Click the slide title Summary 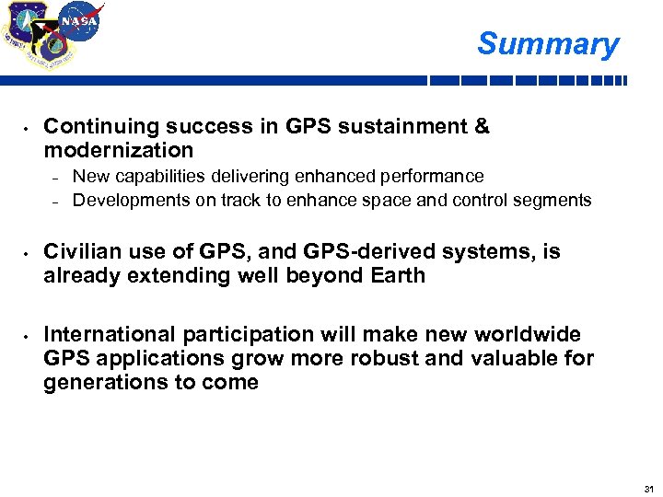pos(548,43)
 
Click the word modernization pos(119,150)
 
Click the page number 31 pos(648,488)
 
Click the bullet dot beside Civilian pos(28,252)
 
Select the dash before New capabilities pos(54,177)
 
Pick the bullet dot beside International pos(28,335)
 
